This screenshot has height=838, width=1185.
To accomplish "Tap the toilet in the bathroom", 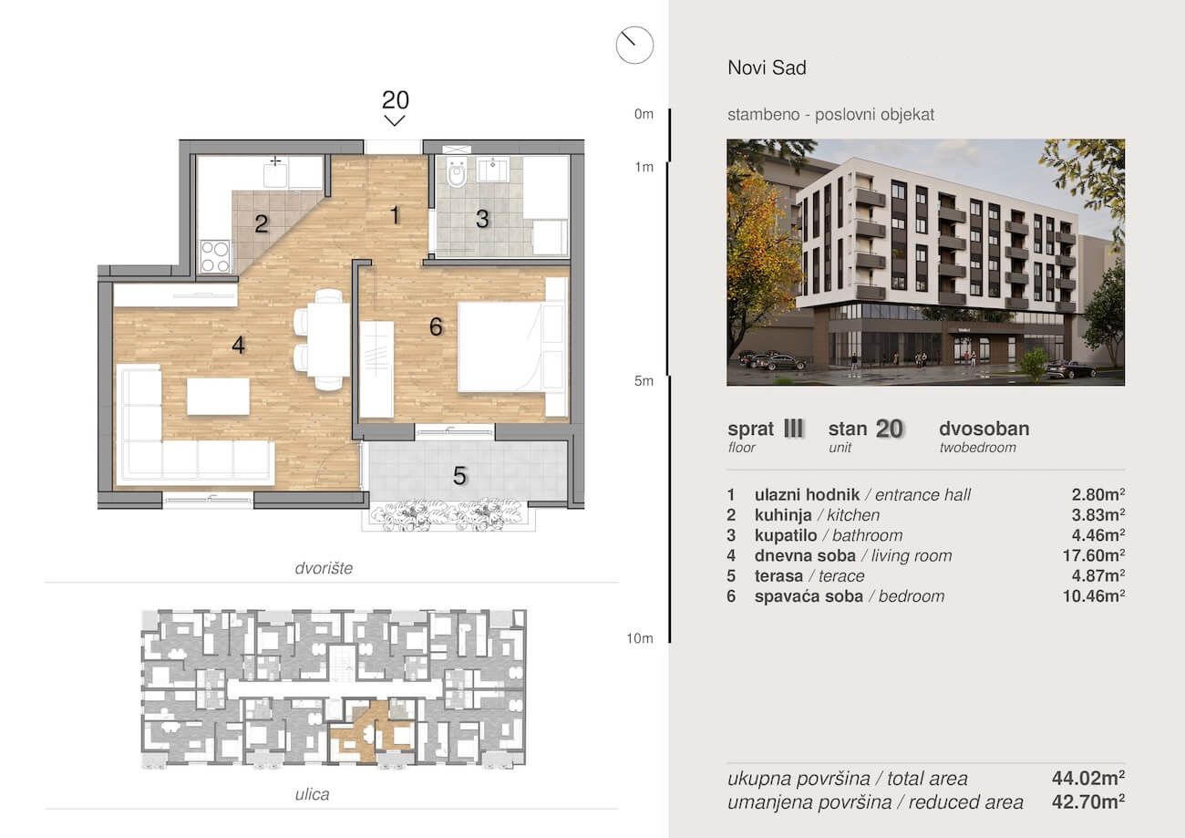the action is tap(456, 173).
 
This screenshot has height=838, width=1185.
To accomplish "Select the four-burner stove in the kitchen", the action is tap(215, 256).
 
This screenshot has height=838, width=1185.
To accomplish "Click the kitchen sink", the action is tap(275, 176).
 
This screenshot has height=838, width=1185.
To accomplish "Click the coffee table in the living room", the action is tap(219, 397).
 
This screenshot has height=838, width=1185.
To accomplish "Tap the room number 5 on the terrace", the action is tap(459, 476).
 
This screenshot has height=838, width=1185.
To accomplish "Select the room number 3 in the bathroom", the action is tap(482, 219).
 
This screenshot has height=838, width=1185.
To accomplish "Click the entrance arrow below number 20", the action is tap(395, 120).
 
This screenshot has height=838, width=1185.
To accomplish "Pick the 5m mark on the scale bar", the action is tap(644, 381).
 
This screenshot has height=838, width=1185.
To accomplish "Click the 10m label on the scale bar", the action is tap(640, 638).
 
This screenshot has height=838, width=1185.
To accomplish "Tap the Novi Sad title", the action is tap(767, 67).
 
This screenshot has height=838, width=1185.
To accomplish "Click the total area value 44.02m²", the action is tap(1088, 778).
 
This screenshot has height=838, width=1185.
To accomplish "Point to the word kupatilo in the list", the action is tap(786, 535).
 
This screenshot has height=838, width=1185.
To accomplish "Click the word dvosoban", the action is tap(984, 429).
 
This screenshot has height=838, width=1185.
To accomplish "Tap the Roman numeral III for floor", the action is tap(793, 429).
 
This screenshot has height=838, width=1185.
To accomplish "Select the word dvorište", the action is tap(324, 568).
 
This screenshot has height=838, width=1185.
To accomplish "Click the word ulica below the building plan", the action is tap(312, 794).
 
